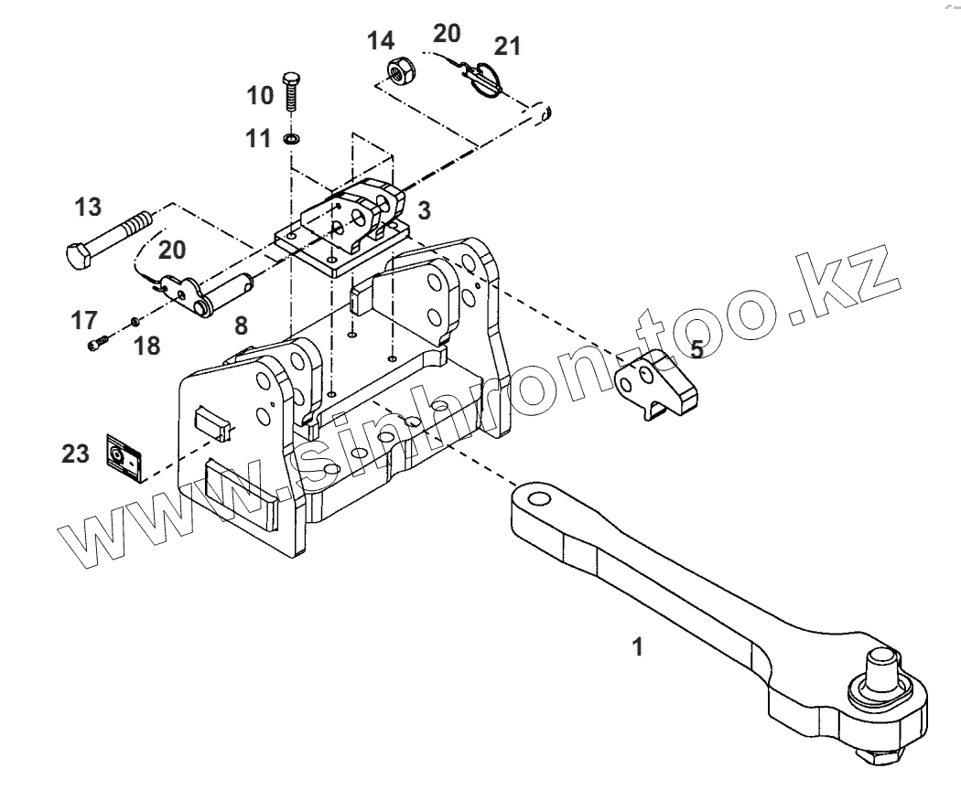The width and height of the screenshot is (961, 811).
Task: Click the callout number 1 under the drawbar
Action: pos(638,647)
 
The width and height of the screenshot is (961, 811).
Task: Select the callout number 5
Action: pos(696,349)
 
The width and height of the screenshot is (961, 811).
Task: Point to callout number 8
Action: pos(240,324)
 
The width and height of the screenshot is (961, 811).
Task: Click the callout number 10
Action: pos(260,94)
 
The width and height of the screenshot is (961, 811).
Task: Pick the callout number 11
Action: pos(259,139)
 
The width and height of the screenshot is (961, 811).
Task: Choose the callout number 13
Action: pos(88,208)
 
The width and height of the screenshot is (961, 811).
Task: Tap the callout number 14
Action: pos(381,40)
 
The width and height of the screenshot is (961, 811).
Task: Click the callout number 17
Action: pos(84,320)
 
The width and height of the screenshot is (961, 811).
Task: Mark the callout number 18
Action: pos(147,346)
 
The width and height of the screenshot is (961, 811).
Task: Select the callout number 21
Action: pos(507,47)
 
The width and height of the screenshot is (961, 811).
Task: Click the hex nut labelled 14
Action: pos(398,70)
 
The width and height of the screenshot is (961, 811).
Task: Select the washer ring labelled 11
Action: pos(291,139)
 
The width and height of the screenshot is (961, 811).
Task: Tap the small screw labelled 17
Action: pos(96,344)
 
